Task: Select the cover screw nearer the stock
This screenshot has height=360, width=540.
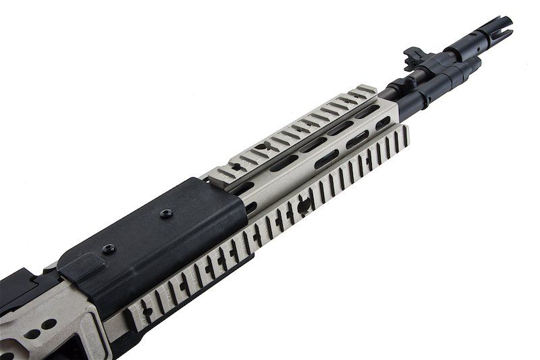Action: (x=108, y=248)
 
